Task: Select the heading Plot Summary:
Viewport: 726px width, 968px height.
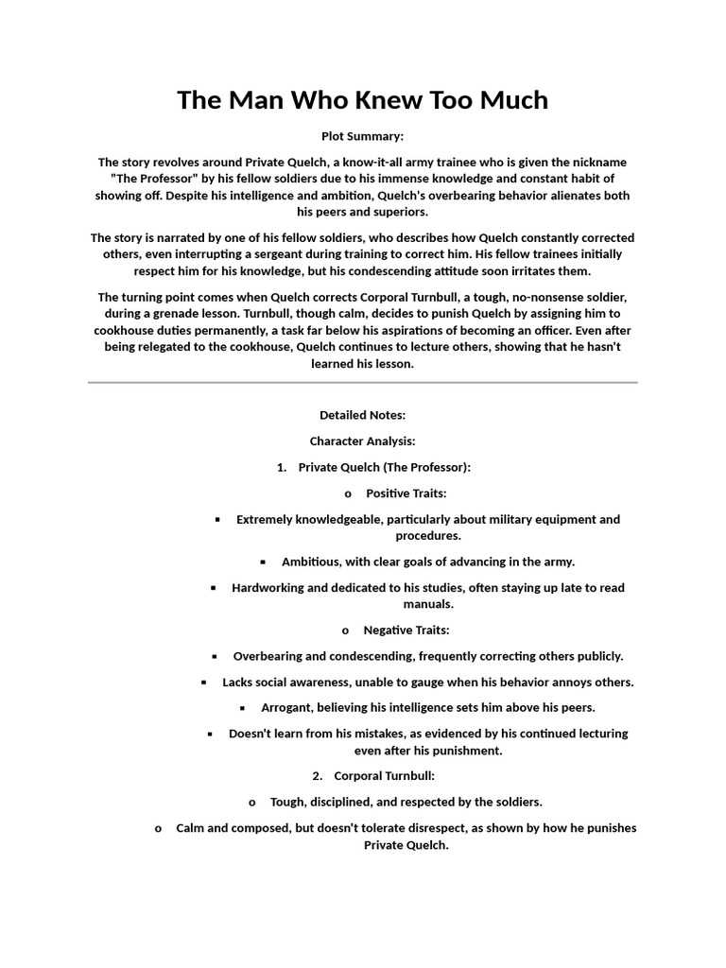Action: (363, 136)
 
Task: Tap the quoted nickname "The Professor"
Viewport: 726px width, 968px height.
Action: (159, 179)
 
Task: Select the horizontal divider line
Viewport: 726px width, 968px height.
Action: (363, 383)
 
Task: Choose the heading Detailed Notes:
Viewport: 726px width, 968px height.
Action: (363, 415)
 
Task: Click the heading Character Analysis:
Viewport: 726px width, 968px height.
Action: (363, 441)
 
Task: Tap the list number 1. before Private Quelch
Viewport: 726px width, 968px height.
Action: (282, 468)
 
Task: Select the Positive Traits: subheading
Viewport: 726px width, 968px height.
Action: (406, 493)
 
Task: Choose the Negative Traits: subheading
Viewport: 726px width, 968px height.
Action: (406, 630)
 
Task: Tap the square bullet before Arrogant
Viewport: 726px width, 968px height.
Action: (242, 708)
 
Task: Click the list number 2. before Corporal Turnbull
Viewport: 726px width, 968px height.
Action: (318, 776)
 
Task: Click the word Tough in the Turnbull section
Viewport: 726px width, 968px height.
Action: (288, 803)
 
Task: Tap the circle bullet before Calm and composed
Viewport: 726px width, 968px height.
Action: (159, 829)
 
